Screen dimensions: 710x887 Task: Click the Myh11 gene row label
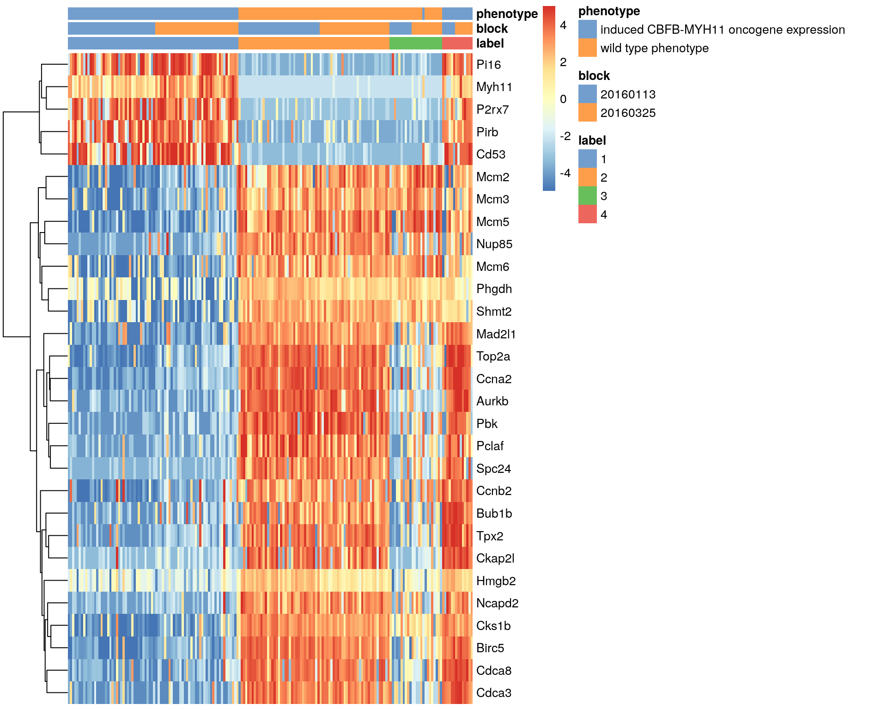pyautogui.click(x=494, y=87)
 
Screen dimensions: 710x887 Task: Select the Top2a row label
pyautogui.click(x=493, y=356)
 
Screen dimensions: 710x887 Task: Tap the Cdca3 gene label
pyautogui.click(x=494, y=693)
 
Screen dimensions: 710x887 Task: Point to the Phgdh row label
pyautogui.click(x=494, y=289)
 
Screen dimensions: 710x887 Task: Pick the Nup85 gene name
pyautogui.click(x=494, y=244)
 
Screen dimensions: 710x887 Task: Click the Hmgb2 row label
pyautogui.click(x=496, y=581)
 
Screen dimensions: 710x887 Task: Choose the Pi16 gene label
pyautogui.click(x=488, y=65)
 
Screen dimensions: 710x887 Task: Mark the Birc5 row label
pyautogui.click(x=490, y=648)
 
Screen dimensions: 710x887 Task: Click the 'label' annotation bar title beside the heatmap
pyautogui.click(x=490, y=43)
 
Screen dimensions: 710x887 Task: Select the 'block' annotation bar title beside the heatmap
pyautogui.click(x=492, y=29)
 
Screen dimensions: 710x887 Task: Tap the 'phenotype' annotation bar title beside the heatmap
pyautogui.click(x=507, y=14)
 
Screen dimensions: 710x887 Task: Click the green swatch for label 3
pyautogui.click(x=587, y=196)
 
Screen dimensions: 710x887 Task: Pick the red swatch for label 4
pyautogui.click(x=587, y=214)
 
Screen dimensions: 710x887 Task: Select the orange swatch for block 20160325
pyautogui.click(x=587, y=113)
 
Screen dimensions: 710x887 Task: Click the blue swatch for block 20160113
pyautogui.click(x=587, y=94)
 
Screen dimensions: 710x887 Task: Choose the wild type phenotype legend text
pyautogui.click(x=654, y=48)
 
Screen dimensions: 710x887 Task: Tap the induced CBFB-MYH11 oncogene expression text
pyautogui.click(x=722, y=30)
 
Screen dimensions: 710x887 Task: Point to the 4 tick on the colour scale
pyautogui.click(x=563, y=25)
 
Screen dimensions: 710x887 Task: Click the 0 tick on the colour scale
pyautogui.click(x=563, y=99)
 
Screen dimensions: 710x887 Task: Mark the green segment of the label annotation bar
pyautogui.click(x=415, y=43)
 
